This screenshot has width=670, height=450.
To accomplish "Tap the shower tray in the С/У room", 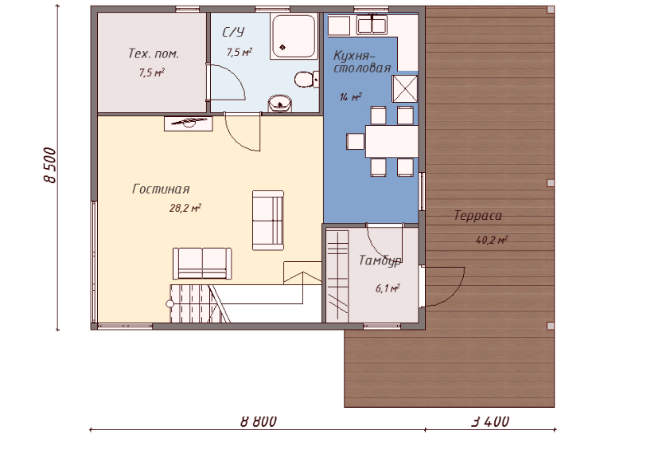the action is (294, 37).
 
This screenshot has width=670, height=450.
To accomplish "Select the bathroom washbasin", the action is (280, 104).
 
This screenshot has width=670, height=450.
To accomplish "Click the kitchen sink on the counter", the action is (372, 25).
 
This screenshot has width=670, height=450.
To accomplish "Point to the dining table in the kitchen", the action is (391, 141).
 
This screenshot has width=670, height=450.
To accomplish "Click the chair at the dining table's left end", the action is (355, 141).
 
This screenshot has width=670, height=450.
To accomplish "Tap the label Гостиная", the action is (161, 189).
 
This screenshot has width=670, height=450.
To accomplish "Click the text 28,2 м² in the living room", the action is (185, 209).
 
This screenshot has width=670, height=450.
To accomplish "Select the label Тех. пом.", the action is (154, 53).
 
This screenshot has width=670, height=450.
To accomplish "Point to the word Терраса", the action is (477, 215).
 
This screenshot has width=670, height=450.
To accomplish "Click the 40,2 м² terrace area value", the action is (492, 240).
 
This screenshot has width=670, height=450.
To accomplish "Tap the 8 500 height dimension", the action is (50, 166).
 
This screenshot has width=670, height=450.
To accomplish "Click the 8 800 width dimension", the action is (259, 421).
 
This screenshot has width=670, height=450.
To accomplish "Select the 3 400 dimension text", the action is (490, 421).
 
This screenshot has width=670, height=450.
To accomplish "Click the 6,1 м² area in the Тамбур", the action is (388, 289).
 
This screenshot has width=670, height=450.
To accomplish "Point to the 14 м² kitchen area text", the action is (350, 97).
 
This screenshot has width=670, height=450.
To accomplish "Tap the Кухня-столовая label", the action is (362, 61).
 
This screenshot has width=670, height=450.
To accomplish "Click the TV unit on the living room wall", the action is (189, 123).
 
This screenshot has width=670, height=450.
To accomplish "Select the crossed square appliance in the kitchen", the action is (405, 88).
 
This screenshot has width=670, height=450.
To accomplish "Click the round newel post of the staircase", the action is (169, 303).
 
